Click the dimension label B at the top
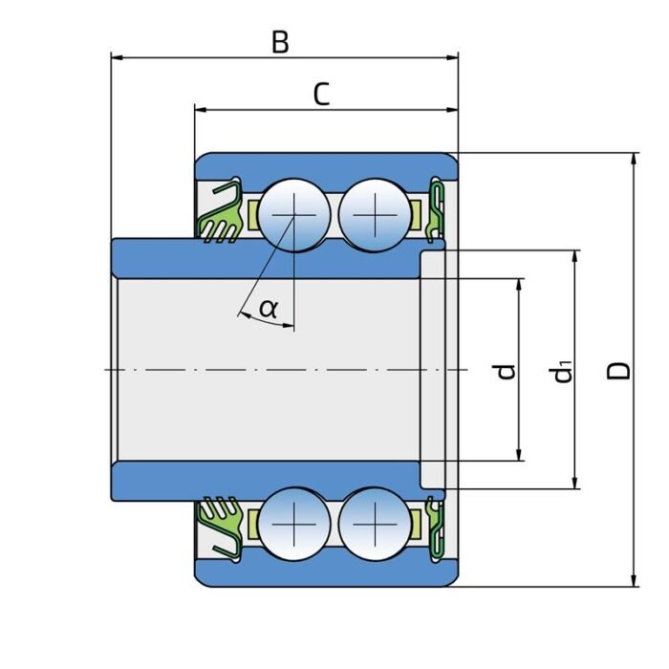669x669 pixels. [x=279, y=42]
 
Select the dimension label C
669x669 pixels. [x=322, y=95]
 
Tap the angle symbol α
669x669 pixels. [x=269, y=308]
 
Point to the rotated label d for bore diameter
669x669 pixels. [x=507, y=370]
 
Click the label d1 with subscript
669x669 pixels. [x=565, y=370]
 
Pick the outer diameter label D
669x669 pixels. [x=620, y=369]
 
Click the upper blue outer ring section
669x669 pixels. [x=325, y=164]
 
